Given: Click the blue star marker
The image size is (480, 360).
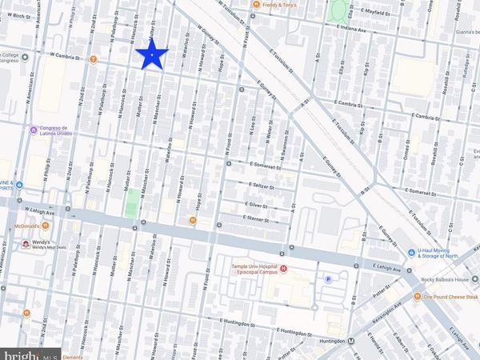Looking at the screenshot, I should click(x=151, y=55).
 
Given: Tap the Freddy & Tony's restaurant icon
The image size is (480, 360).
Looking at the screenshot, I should click(x=255, y=4).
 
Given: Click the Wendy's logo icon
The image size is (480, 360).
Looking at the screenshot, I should click(x=25, y=242).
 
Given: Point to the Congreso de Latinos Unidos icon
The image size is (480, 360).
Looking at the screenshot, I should click(x=33, y=130).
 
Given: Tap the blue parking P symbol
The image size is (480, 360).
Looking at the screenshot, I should click(x=328, y=278).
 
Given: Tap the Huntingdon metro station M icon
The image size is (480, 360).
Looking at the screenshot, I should click(x=353, y=340).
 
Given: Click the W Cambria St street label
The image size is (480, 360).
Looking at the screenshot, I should click(x=66, y=55).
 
